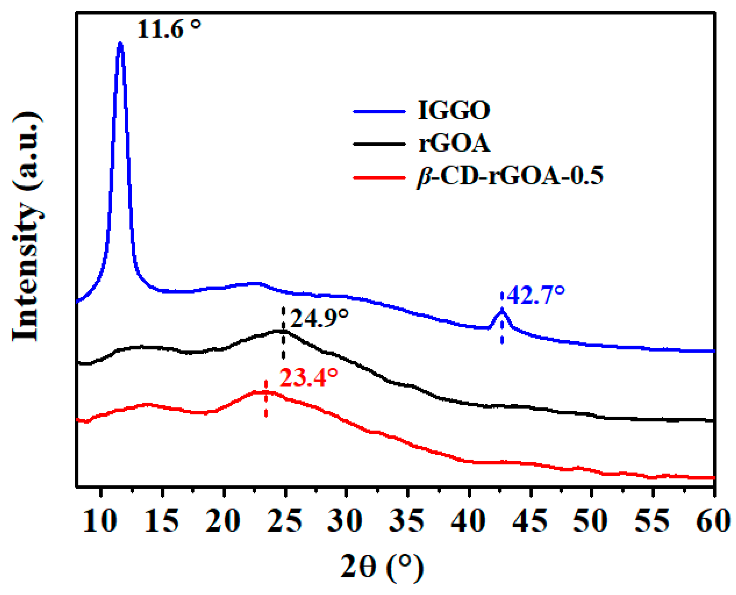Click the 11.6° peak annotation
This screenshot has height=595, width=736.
pyautogui.click(x=169, y=29)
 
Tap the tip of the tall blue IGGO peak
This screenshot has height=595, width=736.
pyautogui.click(x=120, y=44)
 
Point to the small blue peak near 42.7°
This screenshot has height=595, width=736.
pyautogui.click(x=502, y=312)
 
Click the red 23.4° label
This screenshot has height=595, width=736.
pyautogui.click(x=309, y=378)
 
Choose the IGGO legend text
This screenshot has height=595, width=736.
pyautogui.click(x=454, y=110)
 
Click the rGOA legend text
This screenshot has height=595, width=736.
pyautogui.click(x=454, y=143)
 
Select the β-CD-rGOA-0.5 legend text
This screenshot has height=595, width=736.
pyautogui.click(x=510, y=176)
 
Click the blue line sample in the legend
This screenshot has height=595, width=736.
pyautogui.click(x=379, y=112)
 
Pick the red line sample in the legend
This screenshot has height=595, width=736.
pyautogui.click(x=379, y=178)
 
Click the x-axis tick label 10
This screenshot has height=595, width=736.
pyautogui.click(x=100, y=521)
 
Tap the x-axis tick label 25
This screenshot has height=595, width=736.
pyautogui.click(x=285, y=521)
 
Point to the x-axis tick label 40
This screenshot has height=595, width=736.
pyautogui.click(x=469, y=521)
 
